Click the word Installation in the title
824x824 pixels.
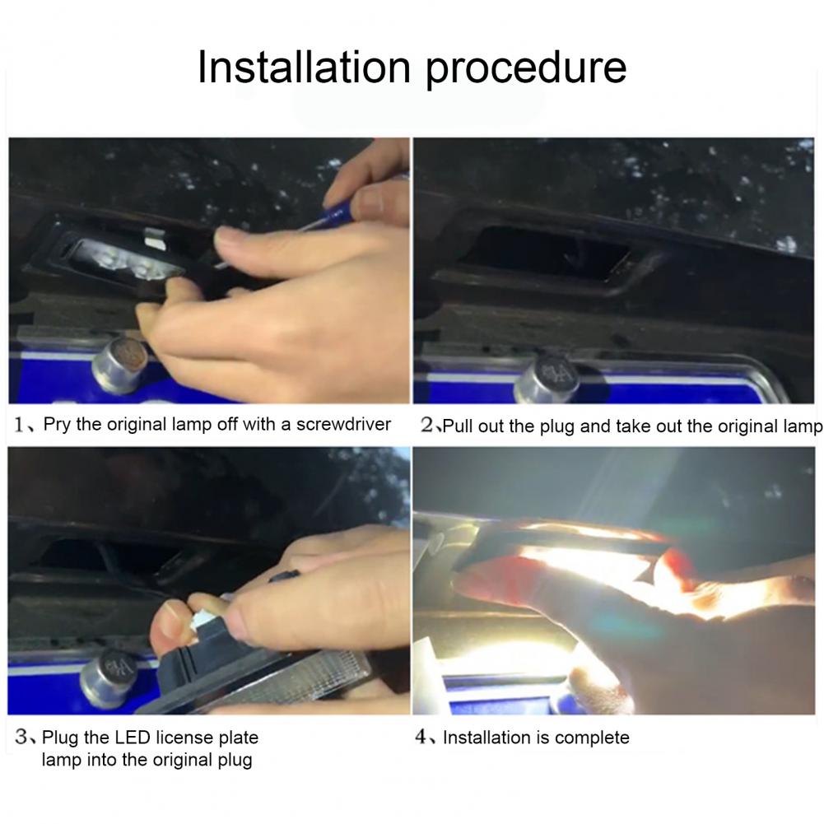(304, 67)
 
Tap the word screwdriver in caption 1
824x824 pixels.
(344, 424)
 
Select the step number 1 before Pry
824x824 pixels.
(20, 425)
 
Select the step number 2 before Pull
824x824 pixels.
(426, 425)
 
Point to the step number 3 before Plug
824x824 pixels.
(21, 737)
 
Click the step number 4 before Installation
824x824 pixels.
(421, 737)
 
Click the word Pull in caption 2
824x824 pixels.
(458, 426)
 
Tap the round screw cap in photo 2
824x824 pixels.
(547, 379)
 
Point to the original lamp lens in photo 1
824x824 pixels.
(123, 262)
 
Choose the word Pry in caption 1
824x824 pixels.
(57, 425)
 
